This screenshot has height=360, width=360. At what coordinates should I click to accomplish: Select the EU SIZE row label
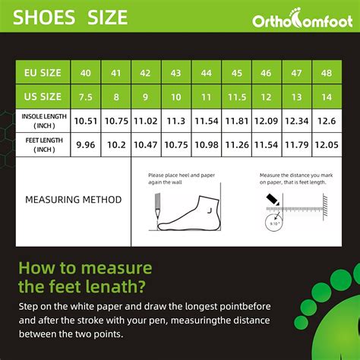click(43, 73)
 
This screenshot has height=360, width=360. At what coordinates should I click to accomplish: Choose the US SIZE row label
click(43, 96)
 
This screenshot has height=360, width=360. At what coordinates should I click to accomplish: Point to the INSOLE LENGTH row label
click(43, 120)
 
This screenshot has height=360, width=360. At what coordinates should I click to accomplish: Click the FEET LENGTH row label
click(43, 144)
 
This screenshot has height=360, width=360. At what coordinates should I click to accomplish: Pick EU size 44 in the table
click(206, 73)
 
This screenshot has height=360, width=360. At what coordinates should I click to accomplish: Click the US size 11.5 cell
click(235, 96)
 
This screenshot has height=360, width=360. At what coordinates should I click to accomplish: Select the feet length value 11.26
click(235, 144)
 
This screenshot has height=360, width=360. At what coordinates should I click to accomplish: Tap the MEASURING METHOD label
click(73, 200)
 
